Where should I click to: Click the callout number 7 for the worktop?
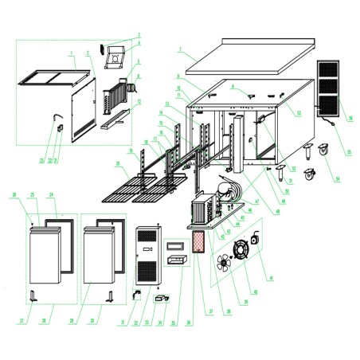181,49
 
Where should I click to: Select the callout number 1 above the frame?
71,53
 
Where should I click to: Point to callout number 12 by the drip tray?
139,102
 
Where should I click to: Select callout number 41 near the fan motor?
271,278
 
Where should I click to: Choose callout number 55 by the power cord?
348,151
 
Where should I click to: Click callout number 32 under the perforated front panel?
136,322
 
